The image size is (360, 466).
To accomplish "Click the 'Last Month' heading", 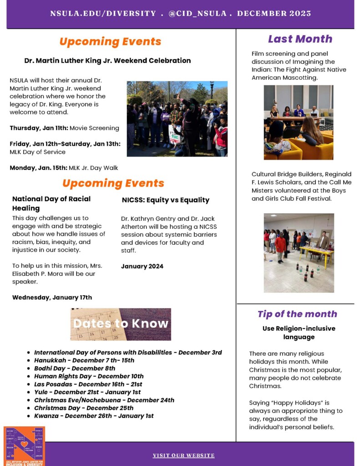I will pos(300,39).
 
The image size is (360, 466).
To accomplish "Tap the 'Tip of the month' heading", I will pos(297,314).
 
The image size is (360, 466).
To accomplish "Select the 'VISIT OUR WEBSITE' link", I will pos(183,455).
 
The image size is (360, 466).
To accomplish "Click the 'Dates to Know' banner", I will pos(121,324).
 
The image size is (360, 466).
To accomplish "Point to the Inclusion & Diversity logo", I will pos(24,446).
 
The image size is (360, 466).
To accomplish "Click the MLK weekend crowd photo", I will pos(177,119).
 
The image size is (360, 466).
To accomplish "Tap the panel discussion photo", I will pos(298,122).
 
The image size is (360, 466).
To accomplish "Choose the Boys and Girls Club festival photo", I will pos(299,253).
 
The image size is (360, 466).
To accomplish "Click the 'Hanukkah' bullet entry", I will pos(84,360).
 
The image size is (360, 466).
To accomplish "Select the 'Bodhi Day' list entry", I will pos(75,368).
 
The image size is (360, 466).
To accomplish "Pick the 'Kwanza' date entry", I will pos(94,415).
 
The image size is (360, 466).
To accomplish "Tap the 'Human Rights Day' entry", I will pos(89,376).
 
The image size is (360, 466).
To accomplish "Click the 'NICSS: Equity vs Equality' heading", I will pos(166,200).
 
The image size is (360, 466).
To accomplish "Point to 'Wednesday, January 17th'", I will pos(52,298).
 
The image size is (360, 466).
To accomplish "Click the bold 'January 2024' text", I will pos(142,266).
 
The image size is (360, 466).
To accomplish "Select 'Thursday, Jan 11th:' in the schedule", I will pos(39,128).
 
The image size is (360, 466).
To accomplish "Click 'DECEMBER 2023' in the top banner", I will pos(274,14).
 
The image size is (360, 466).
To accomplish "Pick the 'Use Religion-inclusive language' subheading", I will pos(299,333).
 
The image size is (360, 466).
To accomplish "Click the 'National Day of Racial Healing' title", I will pos(51,203).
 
